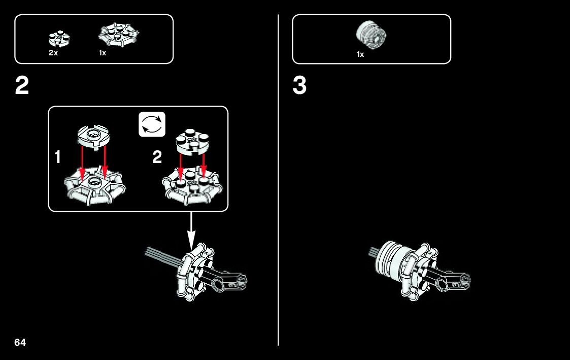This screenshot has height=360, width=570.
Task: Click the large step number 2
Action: coord(22,86)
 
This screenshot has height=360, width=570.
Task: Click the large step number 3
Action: coord(299,86)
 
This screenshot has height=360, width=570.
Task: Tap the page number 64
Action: coord(20,342)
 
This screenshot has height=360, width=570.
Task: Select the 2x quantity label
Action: coord(53,53)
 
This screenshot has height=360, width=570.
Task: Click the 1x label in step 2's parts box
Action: coord(102,53)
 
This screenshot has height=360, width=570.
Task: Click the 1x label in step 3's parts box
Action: coord(360,54)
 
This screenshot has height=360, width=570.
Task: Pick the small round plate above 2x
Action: coord(58,39)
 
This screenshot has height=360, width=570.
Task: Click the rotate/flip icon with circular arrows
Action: coord(152,124)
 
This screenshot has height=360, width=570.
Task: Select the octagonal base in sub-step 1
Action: coord(95,188)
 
